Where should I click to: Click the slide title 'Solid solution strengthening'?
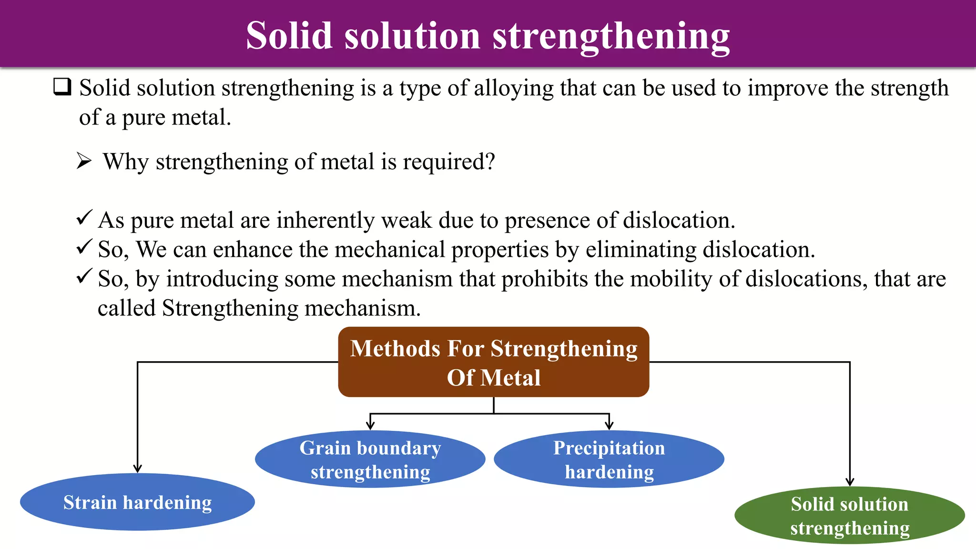(488, 36)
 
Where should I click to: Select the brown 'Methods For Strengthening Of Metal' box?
(494, 362)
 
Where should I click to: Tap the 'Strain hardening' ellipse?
(137, 502)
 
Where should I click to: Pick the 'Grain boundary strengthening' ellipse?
(370, 459)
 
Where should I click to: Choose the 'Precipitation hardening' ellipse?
(609, 459)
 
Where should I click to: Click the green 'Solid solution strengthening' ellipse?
(850, 516)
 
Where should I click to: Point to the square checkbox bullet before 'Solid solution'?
(62, 87)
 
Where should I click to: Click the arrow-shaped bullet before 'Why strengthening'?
(84, 162)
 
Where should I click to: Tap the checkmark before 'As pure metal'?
(84, 218)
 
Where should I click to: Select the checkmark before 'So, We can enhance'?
(84, 247)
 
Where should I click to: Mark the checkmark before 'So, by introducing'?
(84, 276)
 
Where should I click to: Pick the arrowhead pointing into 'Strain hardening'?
(138, 468)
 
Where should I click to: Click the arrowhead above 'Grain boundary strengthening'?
(370, 426)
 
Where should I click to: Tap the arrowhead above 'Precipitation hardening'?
(609, 426)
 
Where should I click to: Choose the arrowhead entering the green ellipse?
(850, 482)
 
